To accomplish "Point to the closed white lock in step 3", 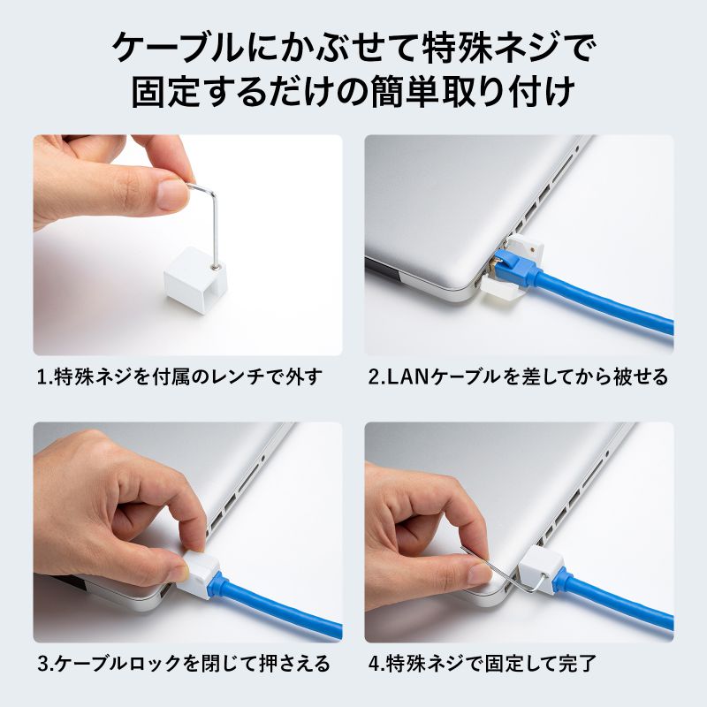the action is pyautogui.click(x=199, y=575).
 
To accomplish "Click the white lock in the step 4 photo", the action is pyautogui.click(x=541, y=569).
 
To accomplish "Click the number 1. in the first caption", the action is pyautogui.click(x=45, y=377).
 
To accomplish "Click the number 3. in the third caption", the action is pyautogui.click(x=46, y=664).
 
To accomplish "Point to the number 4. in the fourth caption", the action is pyautogui.click(x=377, y=664).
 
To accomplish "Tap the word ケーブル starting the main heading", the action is pyautogui.click(x=179, y=48).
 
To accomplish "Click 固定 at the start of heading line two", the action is pyautogui.click(x=165, y=93).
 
